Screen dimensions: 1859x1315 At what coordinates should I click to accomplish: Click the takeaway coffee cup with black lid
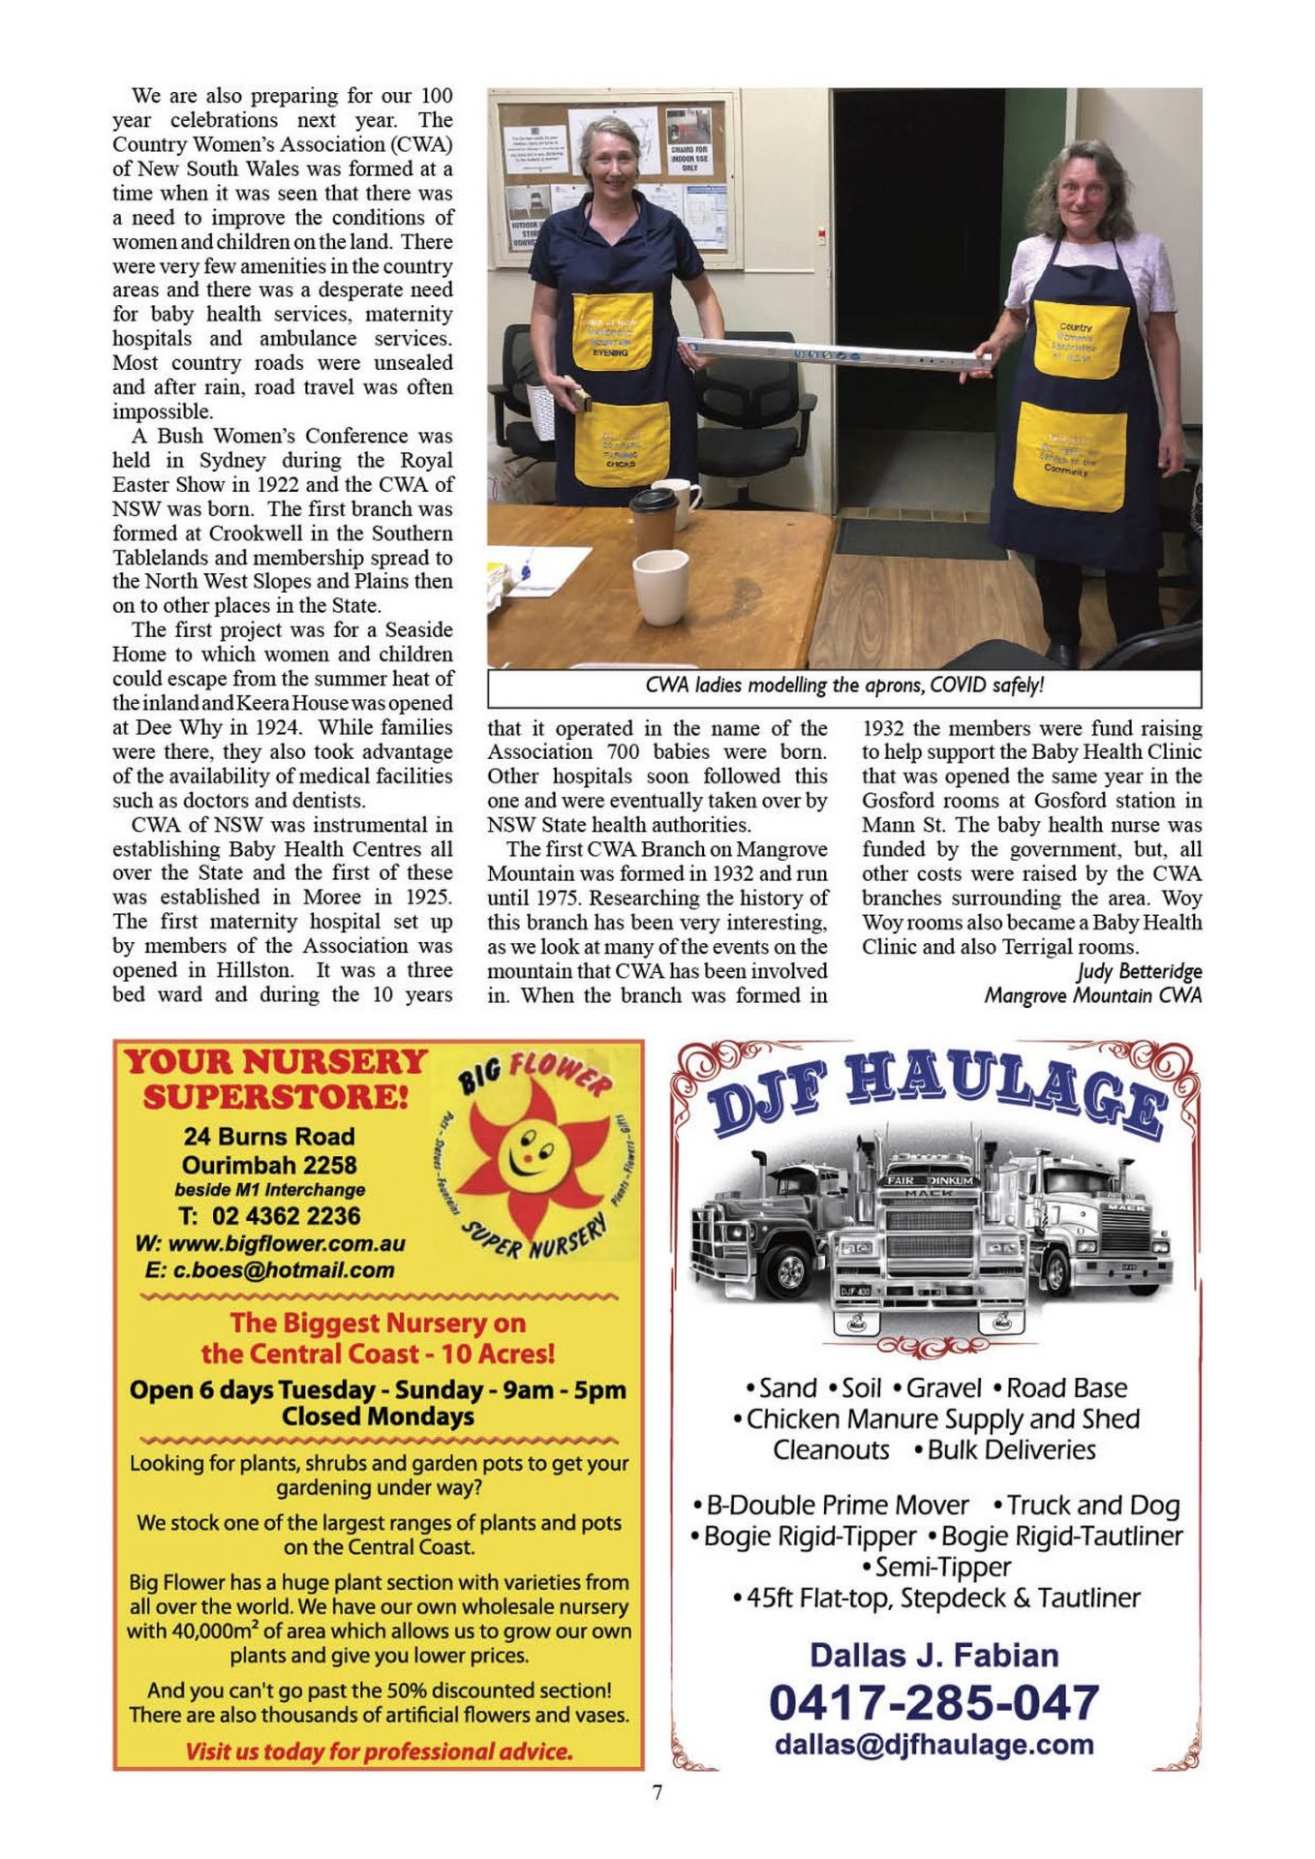(x=654, y=519)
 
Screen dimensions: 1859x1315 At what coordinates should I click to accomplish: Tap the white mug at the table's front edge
(x=660, y=586)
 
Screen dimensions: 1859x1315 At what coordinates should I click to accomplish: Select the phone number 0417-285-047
(x=933, y=1702)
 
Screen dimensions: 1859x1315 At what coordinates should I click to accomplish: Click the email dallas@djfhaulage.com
(x=933, y=1745)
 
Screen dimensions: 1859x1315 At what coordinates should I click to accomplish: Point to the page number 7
(x=657, y=1792)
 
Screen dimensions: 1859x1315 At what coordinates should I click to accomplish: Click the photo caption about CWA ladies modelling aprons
(x=843, y=686)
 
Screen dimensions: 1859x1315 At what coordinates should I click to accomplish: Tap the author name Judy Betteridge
(x=1139, y=971)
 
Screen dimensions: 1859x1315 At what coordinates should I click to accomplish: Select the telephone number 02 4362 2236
(x=269, y=1216)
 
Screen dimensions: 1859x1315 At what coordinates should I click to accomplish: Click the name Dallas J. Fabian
(x=933, y=1655)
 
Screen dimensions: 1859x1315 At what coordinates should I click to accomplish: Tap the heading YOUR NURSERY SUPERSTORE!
(x=276, y=1079)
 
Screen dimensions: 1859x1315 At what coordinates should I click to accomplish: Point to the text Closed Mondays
(x=378, y=1417)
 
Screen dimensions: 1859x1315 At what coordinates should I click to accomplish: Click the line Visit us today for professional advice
(x=379, y=1751)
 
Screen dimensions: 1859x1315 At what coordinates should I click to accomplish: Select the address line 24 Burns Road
(x=269, y=1137)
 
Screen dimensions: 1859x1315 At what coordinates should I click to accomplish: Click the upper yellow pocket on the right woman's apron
(x=1080, y=339)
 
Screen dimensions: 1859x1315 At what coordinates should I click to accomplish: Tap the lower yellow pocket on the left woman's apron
(x=621, y=443)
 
